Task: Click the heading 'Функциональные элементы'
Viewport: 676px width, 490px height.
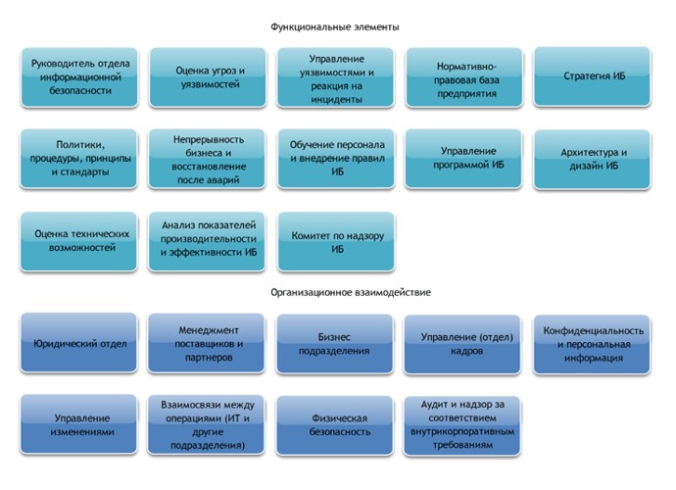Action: click(x=334, y=27)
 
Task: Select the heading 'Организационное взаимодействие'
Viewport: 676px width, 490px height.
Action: click(x=351, y=292)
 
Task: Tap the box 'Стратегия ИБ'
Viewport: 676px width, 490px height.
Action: click(x=592, y=76)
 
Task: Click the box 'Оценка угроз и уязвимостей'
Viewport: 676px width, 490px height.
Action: click(x=208, y=77)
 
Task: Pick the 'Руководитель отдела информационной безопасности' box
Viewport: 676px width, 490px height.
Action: click(x=79, y=77)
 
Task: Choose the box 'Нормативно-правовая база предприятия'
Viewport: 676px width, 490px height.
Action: click(x=464, y=77)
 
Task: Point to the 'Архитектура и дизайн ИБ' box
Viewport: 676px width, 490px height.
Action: click(x=592, y=159)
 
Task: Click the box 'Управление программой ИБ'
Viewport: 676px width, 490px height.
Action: click(x=463, y=159)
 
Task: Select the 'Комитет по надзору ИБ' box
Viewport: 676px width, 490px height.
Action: click(x=336, y=242)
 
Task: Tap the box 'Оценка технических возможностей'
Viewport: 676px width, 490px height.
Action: click(x=79, y=241)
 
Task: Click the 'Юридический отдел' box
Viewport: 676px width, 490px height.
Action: click(x=79, y=343)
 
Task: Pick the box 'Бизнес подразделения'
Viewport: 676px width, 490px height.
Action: click(x=334, y=344)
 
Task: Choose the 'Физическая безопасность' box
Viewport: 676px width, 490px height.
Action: click(x=334, y=425)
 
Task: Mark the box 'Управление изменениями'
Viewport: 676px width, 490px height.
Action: click(x=79, y=424)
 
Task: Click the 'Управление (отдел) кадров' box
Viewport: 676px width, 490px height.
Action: click(x=462, y=344)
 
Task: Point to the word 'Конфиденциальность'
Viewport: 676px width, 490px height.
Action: click(x=594, y=331)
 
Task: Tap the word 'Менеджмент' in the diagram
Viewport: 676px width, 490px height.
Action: click(x=209, y=330)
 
